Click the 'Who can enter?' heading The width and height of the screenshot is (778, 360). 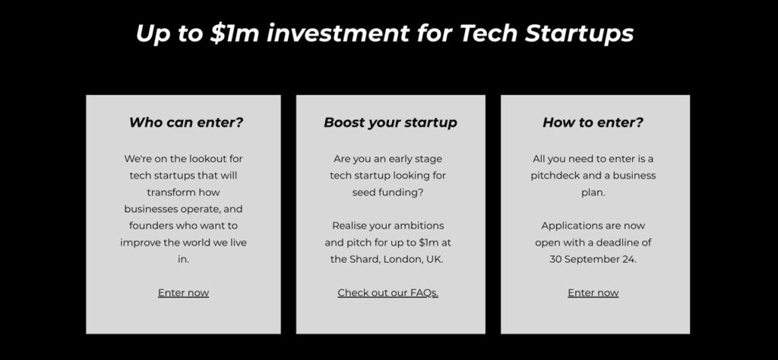pos(186,122)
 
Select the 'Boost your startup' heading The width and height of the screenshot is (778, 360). pos(391,122)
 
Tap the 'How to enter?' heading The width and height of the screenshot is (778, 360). pos(593,122)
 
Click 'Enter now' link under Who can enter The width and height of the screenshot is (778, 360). pos(184,292)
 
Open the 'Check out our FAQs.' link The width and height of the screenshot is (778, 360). pos(388,292)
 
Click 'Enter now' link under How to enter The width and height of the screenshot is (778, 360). pos(593,292)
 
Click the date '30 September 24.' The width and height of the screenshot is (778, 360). pos(593,259)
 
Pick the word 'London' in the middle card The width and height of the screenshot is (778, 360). pos(403,260)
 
